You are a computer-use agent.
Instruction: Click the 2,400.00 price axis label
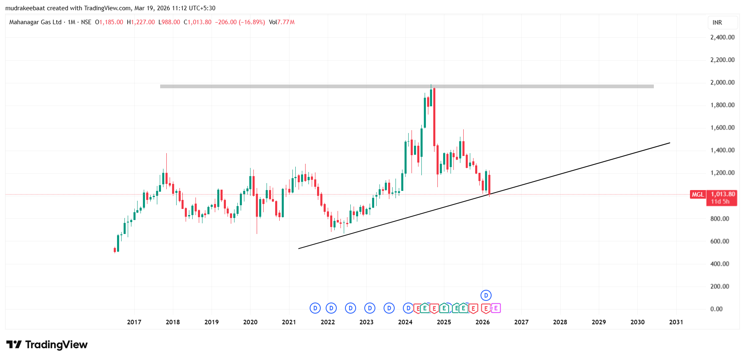coord(722,37)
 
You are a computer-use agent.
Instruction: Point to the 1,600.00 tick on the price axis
coord(722,128)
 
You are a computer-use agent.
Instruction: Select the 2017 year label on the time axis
coord(134,322)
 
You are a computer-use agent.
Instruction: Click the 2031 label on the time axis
coord(676,322)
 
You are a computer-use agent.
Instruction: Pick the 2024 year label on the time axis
coord(405,322)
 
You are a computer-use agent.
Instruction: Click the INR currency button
coord(717,23)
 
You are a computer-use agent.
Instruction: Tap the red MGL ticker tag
coord(698,195)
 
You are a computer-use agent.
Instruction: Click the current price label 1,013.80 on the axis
coord(723,194)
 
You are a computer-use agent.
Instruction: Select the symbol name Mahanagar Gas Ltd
coord(35,22)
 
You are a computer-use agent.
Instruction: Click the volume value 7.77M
coord(286,22)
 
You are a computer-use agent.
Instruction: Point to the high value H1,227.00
coord(141,22)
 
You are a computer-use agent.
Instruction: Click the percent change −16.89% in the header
coord(252,22)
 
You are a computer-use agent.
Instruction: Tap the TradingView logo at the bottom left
coord(47,344)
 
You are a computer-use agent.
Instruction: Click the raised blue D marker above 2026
coord(486,295)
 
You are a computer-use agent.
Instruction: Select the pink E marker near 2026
coord(496,308)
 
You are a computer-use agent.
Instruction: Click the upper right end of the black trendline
coord(669,143)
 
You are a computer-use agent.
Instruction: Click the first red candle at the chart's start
coord(115,250)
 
